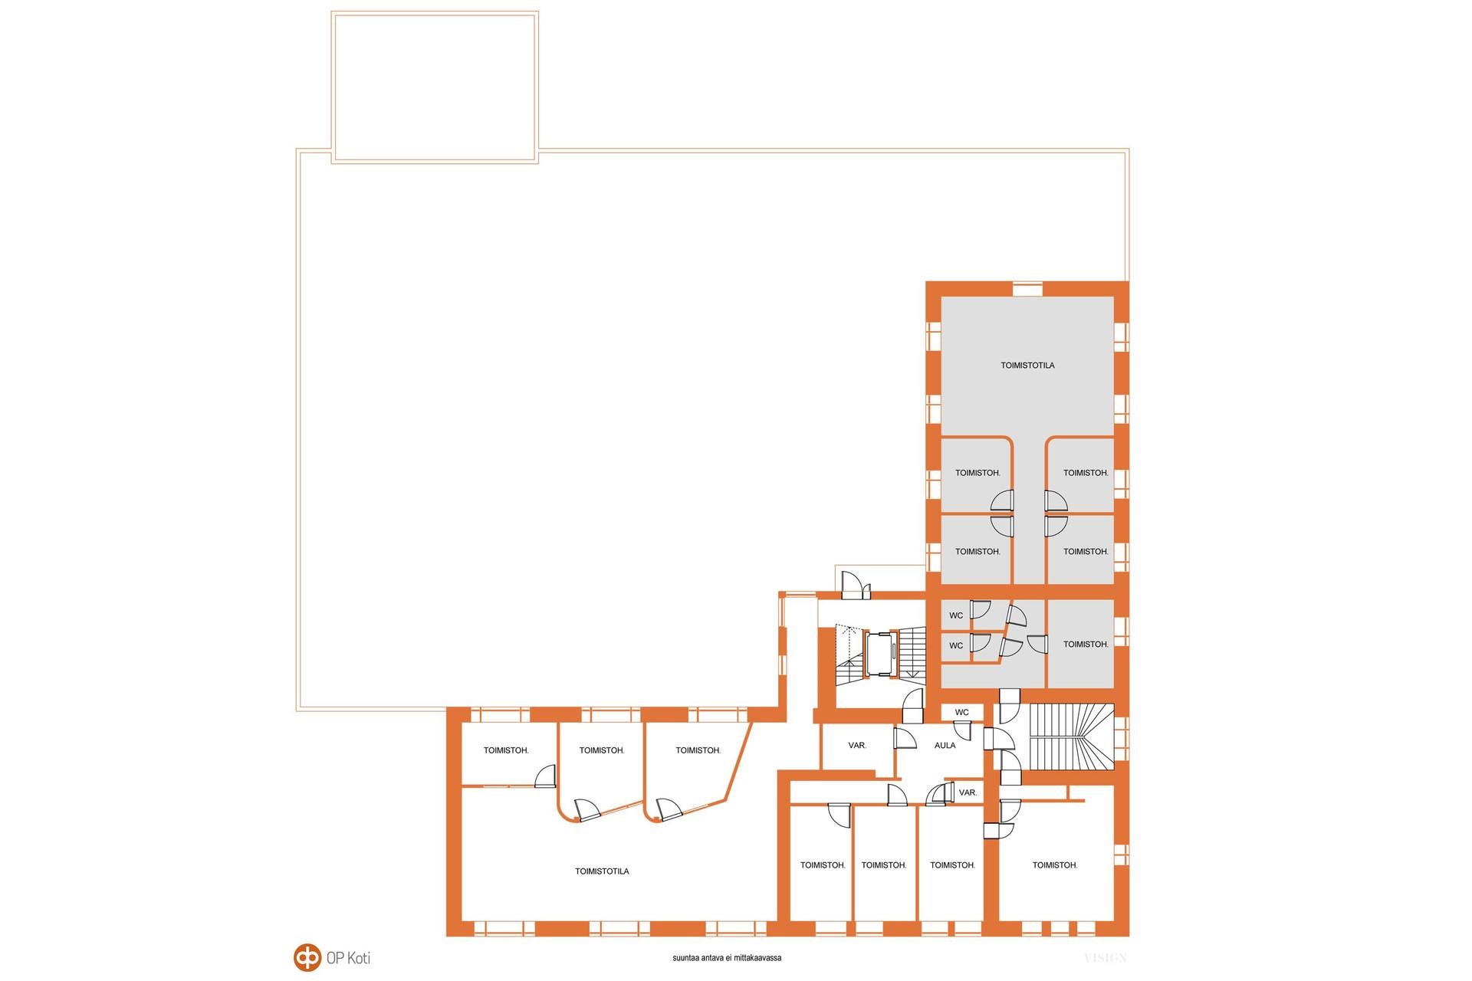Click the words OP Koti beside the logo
pos(348,958)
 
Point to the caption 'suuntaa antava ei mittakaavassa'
pos(727,958)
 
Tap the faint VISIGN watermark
pos(1105,958)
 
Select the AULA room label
pos(945,745)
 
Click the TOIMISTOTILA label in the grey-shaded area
pos(1027,366)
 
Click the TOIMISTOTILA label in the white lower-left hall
pos(602,871)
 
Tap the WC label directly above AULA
pos(961,712)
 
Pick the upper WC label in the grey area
pos(956,615)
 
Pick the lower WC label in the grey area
pos(956,646)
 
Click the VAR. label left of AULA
pos(857,745)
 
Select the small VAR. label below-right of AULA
pos(968,792)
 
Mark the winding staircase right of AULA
pos(1069,737)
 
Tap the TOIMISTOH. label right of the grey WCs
pos(1086,645)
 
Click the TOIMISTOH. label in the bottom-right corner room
pos(1055,865)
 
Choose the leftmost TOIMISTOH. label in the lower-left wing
pos(506,750)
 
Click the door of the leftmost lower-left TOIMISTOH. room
pos(545,776)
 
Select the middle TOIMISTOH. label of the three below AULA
pos(884,865)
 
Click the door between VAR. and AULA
pos(905,740)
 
